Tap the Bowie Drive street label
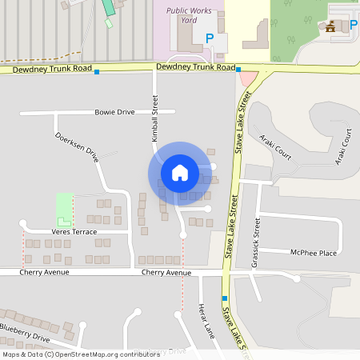114,112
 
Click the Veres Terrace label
74,232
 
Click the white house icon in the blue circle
180,172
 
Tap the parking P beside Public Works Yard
210,38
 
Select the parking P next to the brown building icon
353,26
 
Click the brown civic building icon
330,27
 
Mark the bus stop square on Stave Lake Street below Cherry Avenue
224,298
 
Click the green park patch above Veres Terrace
63,208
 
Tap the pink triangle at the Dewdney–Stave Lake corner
249,78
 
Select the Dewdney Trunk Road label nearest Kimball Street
196,70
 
